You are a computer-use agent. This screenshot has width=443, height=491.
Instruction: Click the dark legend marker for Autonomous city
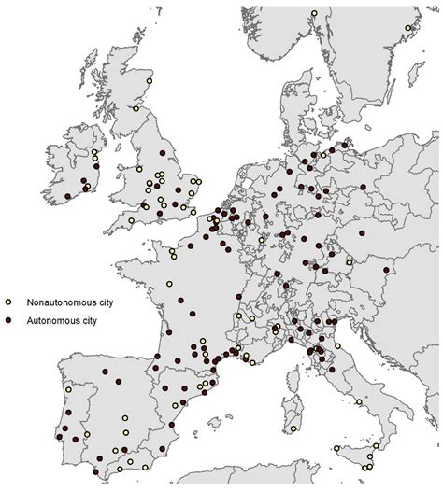(x=8, y=320)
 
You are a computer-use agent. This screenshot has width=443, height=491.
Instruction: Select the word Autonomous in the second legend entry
(x=50, y=320)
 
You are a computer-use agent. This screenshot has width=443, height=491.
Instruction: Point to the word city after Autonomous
(x=88, y=320)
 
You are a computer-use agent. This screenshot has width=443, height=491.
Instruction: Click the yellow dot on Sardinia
(x=293, y=428)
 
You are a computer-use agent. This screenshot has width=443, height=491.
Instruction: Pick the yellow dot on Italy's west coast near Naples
(x=358, y=400)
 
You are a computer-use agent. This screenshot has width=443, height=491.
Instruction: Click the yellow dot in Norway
(x=314, y=13)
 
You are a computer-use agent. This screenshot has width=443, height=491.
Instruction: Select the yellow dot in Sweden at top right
(x=408, y=27)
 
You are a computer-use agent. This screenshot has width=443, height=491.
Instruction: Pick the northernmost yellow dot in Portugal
(x=67, y=390)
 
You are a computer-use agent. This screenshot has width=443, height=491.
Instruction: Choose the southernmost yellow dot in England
(x=131, y=220)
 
